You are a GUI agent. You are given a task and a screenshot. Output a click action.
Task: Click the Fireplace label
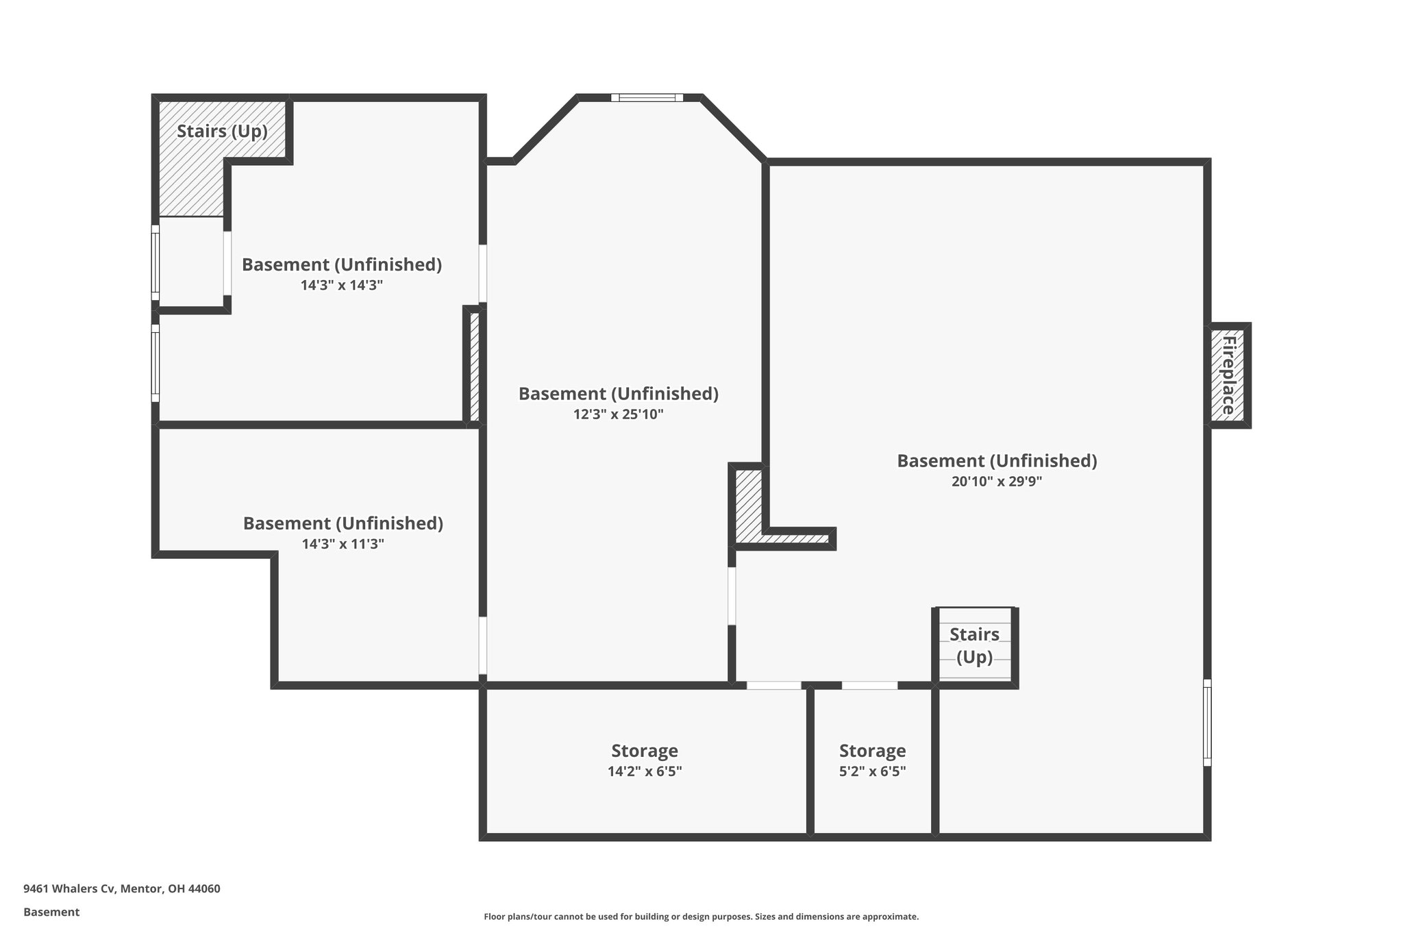coord(1228,375)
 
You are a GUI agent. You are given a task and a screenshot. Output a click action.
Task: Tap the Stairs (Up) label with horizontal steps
coord(974,645)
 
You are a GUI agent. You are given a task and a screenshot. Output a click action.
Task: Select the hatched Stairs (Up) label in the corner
coord(222,131)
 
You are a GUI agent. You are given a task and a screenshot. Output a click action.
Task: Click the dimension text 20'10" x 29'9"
coord(997,482)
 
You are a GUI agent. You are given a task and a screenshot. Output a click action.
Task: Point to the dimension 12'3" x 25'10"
coord(618,414)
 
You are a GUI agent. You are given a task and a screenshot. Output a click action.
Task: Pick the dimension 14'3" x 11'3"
coord(343,544)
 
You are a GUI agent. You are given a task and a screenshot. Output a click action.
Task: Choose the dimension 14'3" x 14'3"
coord(341,285)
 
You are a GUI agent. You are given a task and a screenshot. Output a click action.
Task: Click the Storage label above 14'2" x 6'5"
coord(644,751)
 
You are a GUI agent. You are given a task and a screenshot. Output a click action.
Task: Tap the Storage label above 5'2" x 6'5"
coord(872,751)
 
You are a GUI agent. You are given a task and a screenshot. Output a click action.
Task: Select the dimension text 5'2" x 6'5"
coord(872,771)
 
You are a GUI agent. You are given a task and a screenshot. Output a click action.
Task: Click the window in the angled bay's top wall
coord(647,97)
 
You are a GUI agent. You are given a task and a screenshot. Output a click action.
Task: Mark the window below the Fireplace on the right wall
coord(1207,722)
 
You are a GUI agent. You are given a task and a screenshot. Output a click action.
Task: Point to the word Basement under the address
coord(51,912)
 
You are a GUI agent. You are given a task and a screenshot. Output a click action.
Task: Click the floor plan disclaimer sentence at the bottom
coord(701,917)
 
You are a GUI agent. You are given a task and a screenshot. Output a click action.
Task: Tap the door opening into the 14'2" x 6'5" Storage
coord(773,685)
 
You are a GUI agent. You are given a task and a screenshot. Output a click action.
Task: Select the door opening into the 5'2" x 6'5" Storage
coord(869,685)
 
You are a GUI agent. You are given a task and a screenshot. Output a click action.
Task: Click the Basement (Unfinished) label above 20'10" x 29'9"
coord(997,461)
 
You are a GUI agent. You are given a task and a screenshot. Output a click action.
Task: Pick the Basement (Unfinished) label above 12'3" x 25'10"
coord(618,394)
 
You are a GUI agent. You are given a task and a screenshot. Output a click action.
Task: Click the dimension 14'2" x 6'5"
coord(644,771)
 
